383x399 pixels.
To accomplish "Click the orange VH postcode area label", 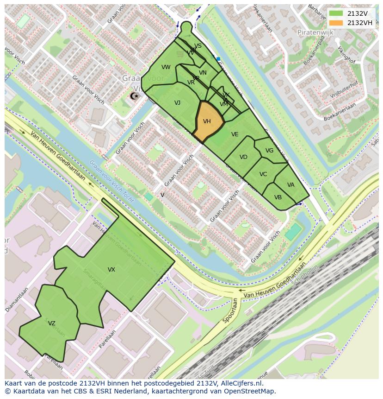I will point(207,121).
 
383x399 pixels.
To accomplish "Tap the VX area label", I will point(111,270).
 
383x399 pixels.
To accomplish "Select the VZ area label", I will point(52,323).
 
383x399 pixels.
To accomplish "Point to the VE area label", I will point(235,134).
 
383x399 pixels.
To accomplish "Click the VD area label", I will point(243,157).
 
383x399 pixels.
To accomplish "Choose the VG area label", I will point(270,151).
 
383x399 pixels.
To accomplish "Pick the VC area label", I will point(263,174).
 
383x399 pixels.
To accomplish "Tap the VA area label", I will point(290,185).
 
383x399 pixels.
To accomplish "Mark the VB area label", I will point(278,197).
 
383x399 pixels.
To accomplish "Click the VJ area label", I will point(177,103).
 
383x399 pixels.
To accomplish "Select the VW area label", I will point(166,67).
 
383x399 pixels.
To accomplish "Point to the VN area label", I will point(203,73).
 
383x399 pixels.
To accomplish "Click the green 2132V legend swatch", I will point(336,14).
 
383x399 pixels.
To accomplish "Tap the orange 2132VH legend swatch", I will point(336,23).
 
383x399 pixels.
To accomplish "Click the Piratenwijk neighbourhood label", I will point(315,33).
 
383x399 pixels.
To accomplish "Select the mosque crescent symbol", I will point(135,96).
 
